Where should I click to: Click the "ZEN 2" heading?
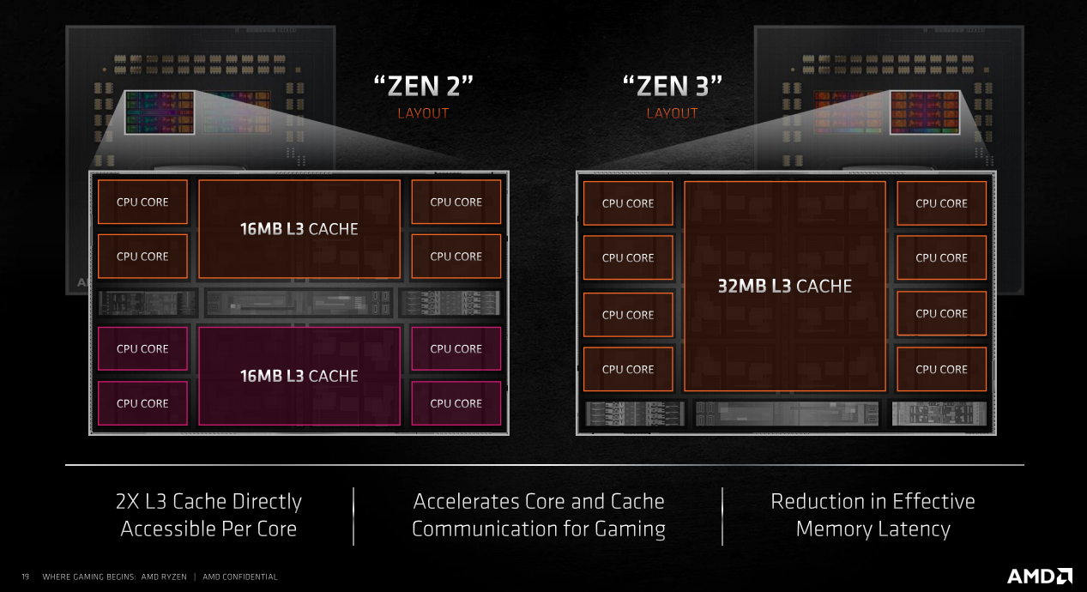coord(423,86)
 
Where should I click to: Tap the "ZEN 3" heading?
coord(673,86)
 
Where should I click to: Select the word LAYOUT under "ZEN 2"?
coord(423,113)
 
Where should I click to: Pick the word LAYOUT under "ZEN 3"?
coord(672,113)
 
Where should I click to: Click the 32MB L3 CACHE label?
coord(785,287)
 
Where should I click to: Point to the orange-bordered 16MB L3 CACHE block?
coord(299,229)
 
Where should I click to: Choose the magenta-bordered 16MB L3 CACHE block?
coord(299,376)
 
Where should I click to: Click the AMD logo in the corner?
coord(1040,576)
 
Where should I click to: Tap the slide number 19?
coord(25,577)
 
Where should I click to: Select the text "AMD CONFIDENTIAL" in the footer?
coord(239,577)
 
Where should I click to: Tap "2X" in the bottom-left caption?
coord(127,501)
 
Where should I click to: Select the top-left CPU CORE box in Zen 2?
coord(142,202)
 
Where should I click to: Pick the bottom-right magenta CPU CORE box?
coord(456,403)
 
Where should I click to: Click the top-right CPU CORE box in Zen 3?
coord(941,203)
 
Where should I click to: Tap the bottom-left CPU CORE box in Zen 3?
coord(628,369)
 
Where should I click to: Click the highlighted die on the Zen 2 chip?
coord(160,112)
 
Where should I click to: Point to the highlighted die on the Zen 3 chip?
coord(925,112)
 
